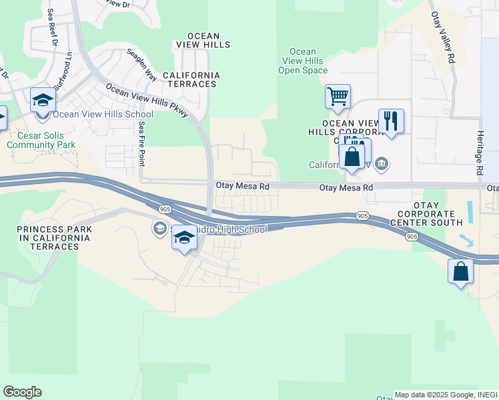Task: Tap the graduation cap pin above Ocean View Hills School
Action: pyautogui.click(x=43, y=100)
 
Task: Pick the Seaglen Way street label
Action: pyautogui.click(x=141, y=67)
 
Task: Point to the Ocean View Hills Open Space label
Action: pyautogui.click(x=303, y=61)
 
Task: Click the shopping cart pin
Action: pyautogui.click(x=338, y=97)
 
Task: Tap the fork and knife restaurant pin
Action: pyautogui.click(x=391, y=121)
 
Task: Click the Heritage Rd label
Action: pyautogui.click(x=479, y=153)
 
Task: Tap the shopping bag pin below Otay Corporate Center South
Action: pyautogui.click(x=460, y=271)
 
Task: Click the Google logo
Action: pyautogui.click(x=22, y=392)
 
